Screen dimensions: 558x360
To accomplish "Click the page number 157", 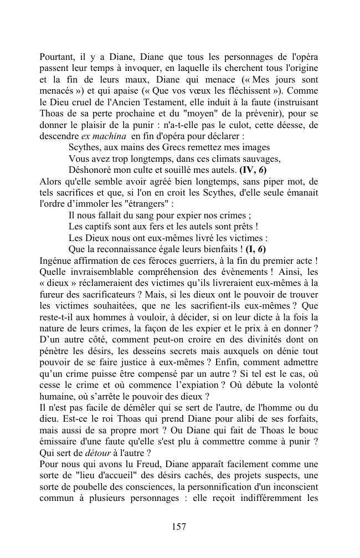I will point(179,526).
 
